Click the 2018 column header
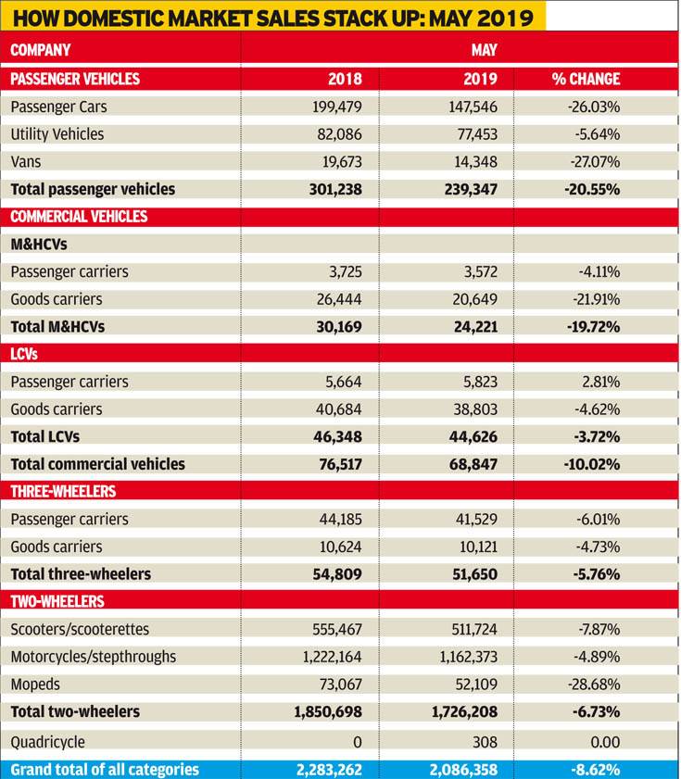click(x=345, y=79)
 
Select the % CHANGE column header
click(x=586, y=79)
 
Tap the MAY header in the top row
click(x=485, y=50)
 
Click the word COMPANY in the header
click(x=40, y=50)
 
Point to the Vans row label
click(x=26, y=162)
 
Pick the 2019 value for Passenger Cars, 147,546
click(x=473, y=107)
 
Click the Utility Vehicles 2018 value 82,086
click(x=339, y=134)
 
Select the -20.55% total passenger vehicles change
click(x=592, y=189)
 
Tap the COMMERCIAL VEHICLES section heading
click(x=79, y=217)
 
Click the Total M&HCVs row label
click(x=57, y=327)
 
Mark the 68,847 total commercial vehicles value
click(x=473, y=464)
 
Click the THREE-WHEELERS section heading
click(x=63, y=491)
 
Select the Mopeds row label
click(x=35, y=685)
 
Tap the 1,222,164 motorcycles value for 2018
click(x=333, y=657)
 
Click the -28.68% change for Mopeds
click(x=594, y=685)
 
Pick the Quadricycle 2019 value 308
click(x=486, y=742)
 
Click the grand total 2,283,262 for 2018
click(x=329, y=770)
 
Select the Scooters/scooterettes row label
click(x=80, y=629)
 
